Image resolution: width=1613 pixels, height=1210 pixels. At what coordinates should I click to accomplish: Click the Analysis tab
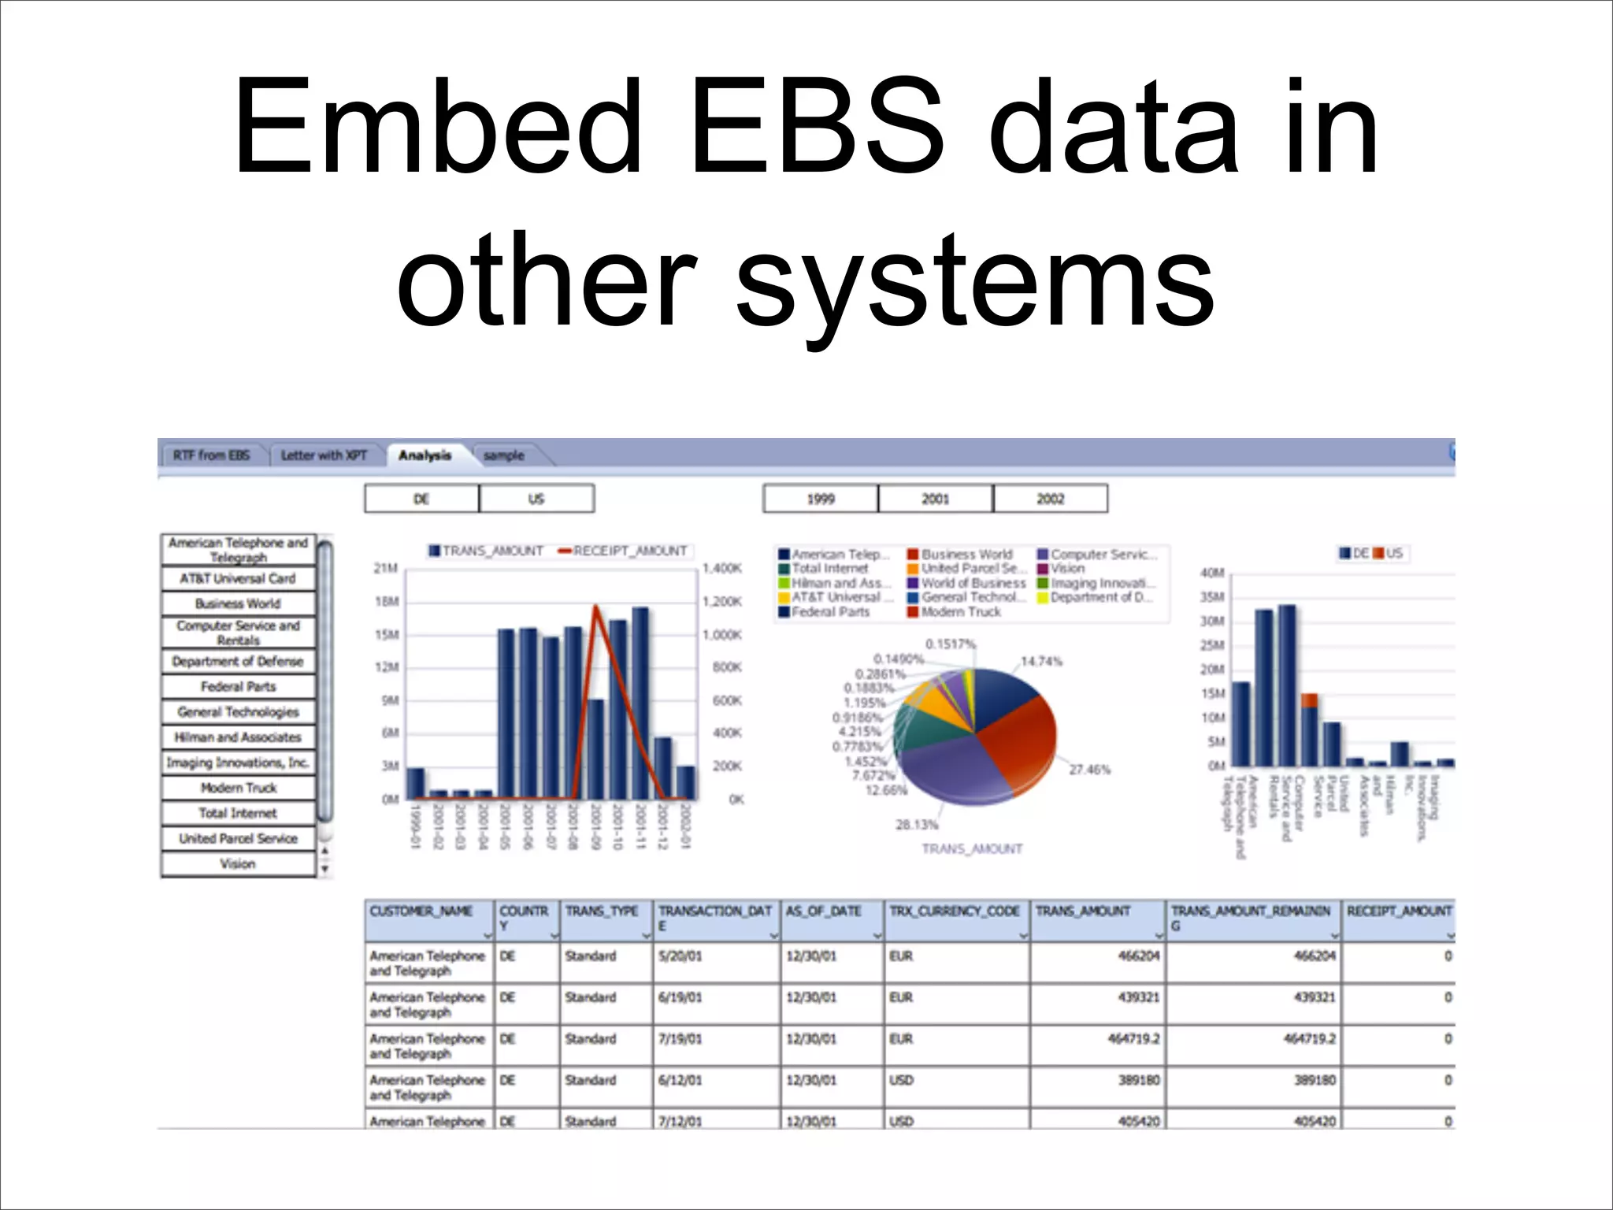(x=425, y=455)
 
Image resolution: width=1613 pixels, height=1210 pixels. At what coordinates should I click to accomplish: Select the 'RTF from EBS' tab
(x=211, y=455)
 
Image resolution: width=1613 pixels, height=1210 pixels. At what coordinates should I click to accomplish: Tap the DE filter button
(x=421, y=499)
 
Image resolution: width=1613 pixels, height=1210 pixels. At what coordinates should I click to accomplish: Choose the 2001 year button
(x=935, y=499)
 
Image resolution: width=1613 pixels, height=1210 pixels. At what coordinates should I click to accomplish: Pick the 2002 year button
(x=1050, y=499)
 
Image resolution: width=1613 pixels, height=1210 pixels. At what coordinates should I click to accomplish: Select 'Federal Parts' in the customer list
(x=238, y=687)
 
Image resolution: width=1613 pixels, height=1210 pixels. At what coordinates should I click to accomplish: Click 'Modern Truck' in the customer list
(x=238, y=788)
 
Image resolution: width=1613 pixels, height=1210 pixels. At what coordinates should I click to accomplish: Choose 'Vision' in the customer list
(x=238, y=864)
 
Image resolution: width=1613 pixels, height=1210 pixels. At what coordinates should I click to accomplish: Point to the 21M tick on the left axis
(x=385, y=568)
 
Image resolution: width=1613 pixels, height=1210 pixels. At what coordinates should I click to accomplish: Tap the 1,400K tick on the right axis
(x=721, y=568)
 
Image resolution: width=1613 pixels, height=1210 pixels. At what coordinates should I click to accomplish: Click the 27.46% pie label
(x=1089, y=769)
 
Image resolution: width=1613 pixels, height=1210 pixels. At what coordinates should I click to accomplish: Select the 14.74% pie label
(x=1041, y=661)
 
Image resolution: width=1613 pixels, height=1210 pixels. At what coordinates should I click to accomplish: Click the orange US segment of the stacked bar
(x=1309, y=700)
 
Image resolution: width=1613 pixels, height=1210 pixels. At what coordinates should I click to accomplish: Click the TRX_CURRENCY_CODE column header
(x=955, y=911)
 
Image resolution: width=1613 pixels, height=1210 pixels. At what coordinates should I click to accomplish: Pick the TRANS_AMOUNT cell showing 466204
(x=1138, y=956)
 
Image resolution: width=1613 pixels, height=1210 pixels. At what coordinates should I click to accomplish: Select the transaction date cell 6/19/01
(x=680, y=997)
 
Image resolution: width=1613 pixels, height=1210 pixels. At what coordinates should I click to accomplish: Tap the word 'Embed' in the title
(x=438, y=126)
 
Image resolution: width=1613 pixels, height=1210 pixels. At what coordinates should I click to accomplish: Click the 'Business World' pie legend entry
(x=966, y=555)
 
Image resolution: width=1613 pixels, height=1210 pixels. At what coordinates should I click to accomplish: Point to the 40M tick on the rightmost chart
(x=1211, y=573)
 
